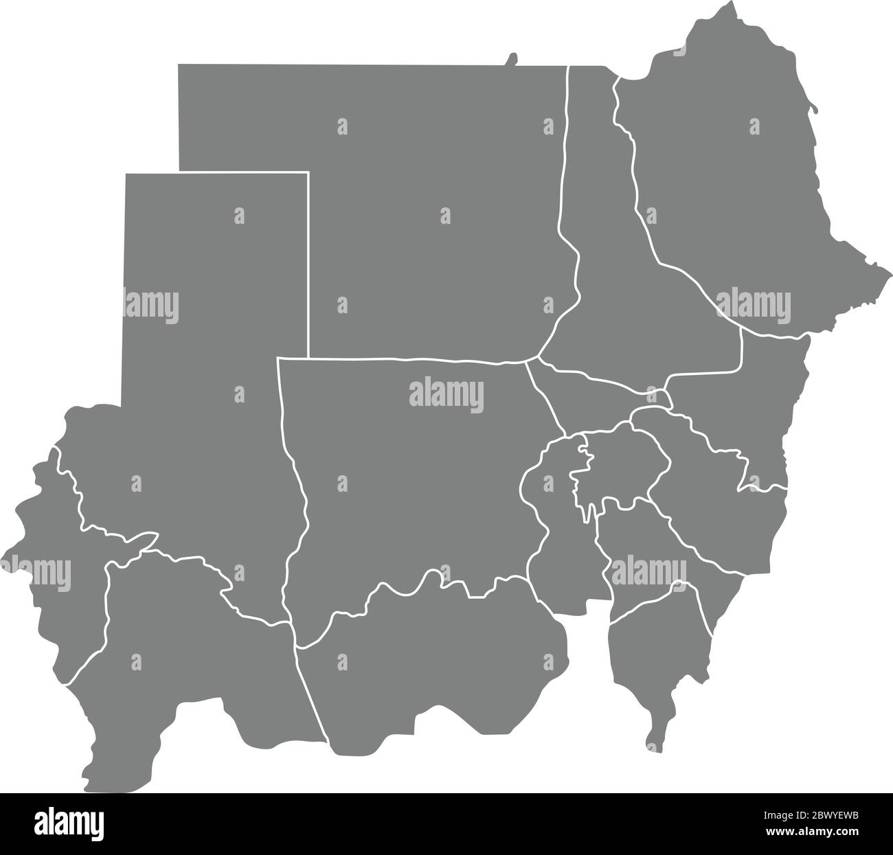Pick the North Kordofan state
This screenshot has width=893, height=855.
pos(412,481)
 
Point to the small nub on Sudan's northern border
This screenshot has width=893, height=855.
pos(511,60)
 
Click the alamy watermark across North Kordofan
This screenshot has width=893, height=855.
pos(447,396)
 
